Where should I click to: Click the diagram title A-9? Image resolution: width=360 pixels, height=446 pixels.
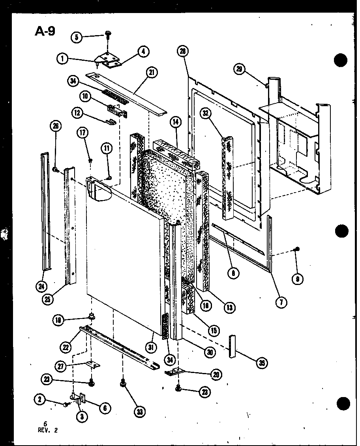[45, 32]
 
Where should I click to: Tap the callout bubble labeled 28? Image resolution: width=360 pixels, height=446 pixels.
[183, 51]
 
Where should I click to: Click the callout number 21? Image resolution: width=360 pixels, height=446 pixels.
[151, 72]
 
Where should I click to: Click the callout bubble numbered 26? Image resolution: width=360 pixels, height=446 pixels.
[55, 126]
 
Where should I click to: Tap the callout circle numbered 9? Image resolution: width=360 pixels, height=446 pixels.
[297, 279]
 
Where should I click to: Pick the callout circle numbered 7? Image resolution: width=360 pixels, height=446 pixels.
[281, 303]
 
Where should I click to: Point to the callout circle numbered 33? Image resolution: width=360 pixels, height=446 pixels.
[139, 412]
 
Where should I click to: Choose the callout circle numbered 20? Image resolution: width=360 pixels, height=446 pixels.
[216, 375]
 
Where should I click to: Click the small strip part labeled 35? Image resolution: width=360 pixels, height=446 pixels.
[232, 346]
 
